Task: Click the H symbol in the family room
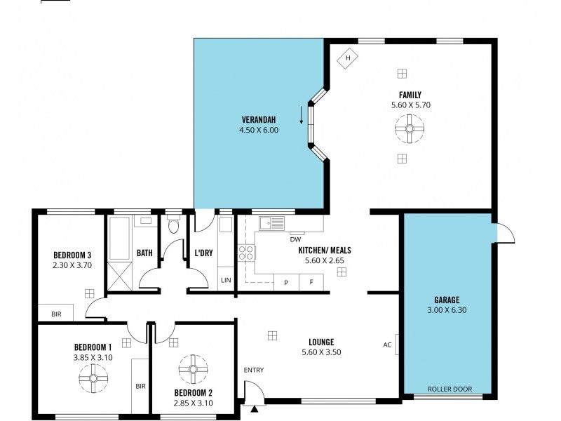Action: coord(347,58)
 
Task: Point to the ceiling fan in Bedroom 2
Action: coord(193,370)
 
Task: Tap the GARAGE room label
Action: coord(447,300)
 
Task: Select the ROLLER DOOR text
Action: coord(450,389)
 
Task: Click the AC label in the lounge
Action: coord(387,345)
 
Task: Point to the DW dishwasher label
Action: coord(296,239)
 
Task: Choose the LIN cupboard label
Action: coord(225,281)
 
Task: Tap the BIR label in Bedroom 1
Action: coord(140,385)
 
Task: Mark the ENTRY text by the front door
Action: coord(253,370)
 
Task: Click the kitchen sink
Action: coord(271,224)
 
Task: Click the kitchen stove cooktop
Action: coord(246,253)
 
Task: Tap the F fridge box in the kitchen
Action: coord(311,282)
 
